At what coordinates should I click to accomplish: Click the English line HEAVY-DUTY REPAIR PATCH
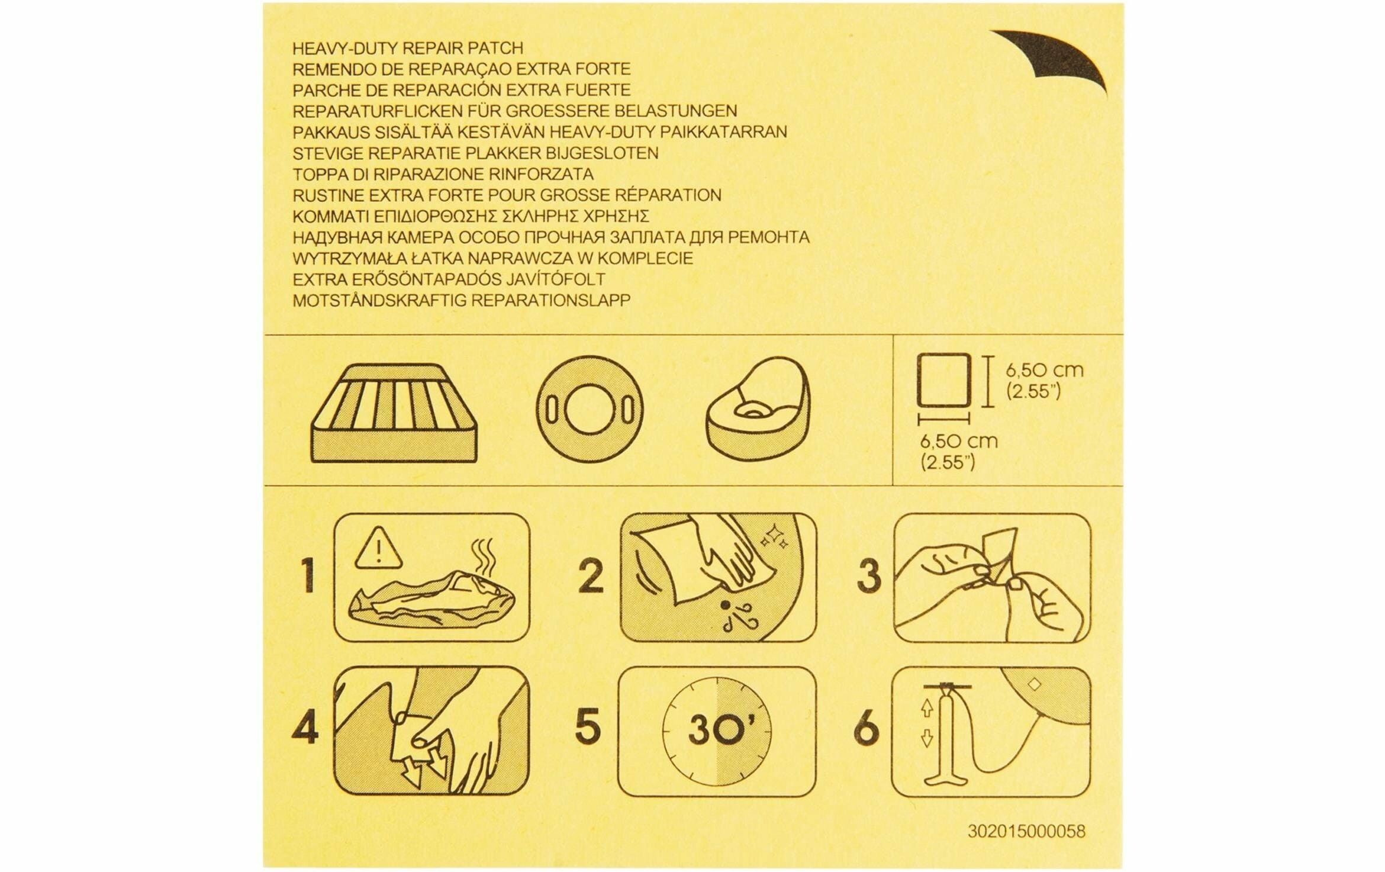[408, 48]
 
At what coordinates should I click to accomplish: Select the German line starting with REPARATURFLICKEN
[515, 111]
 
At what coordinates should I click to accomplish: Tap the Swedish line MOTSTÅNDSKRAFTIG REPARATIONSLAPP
[462, 300]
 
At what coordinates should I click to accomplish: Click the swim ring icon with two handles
[590, 410]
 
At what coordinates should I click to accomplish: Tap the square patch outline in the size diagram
[943, 379]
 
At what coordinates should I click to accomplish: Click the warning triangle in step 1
[379, 546]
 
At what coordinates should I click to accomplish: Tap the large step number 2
[590, 578]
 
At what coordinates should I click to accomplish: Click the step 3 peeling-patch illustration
[992, 578]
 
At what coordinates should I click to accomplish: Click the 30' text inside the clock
[717, 732]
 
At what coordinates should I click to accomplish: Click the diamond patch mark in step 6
[1035, 685]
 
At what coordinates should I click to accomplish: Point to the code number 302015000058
[1026, 832]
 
